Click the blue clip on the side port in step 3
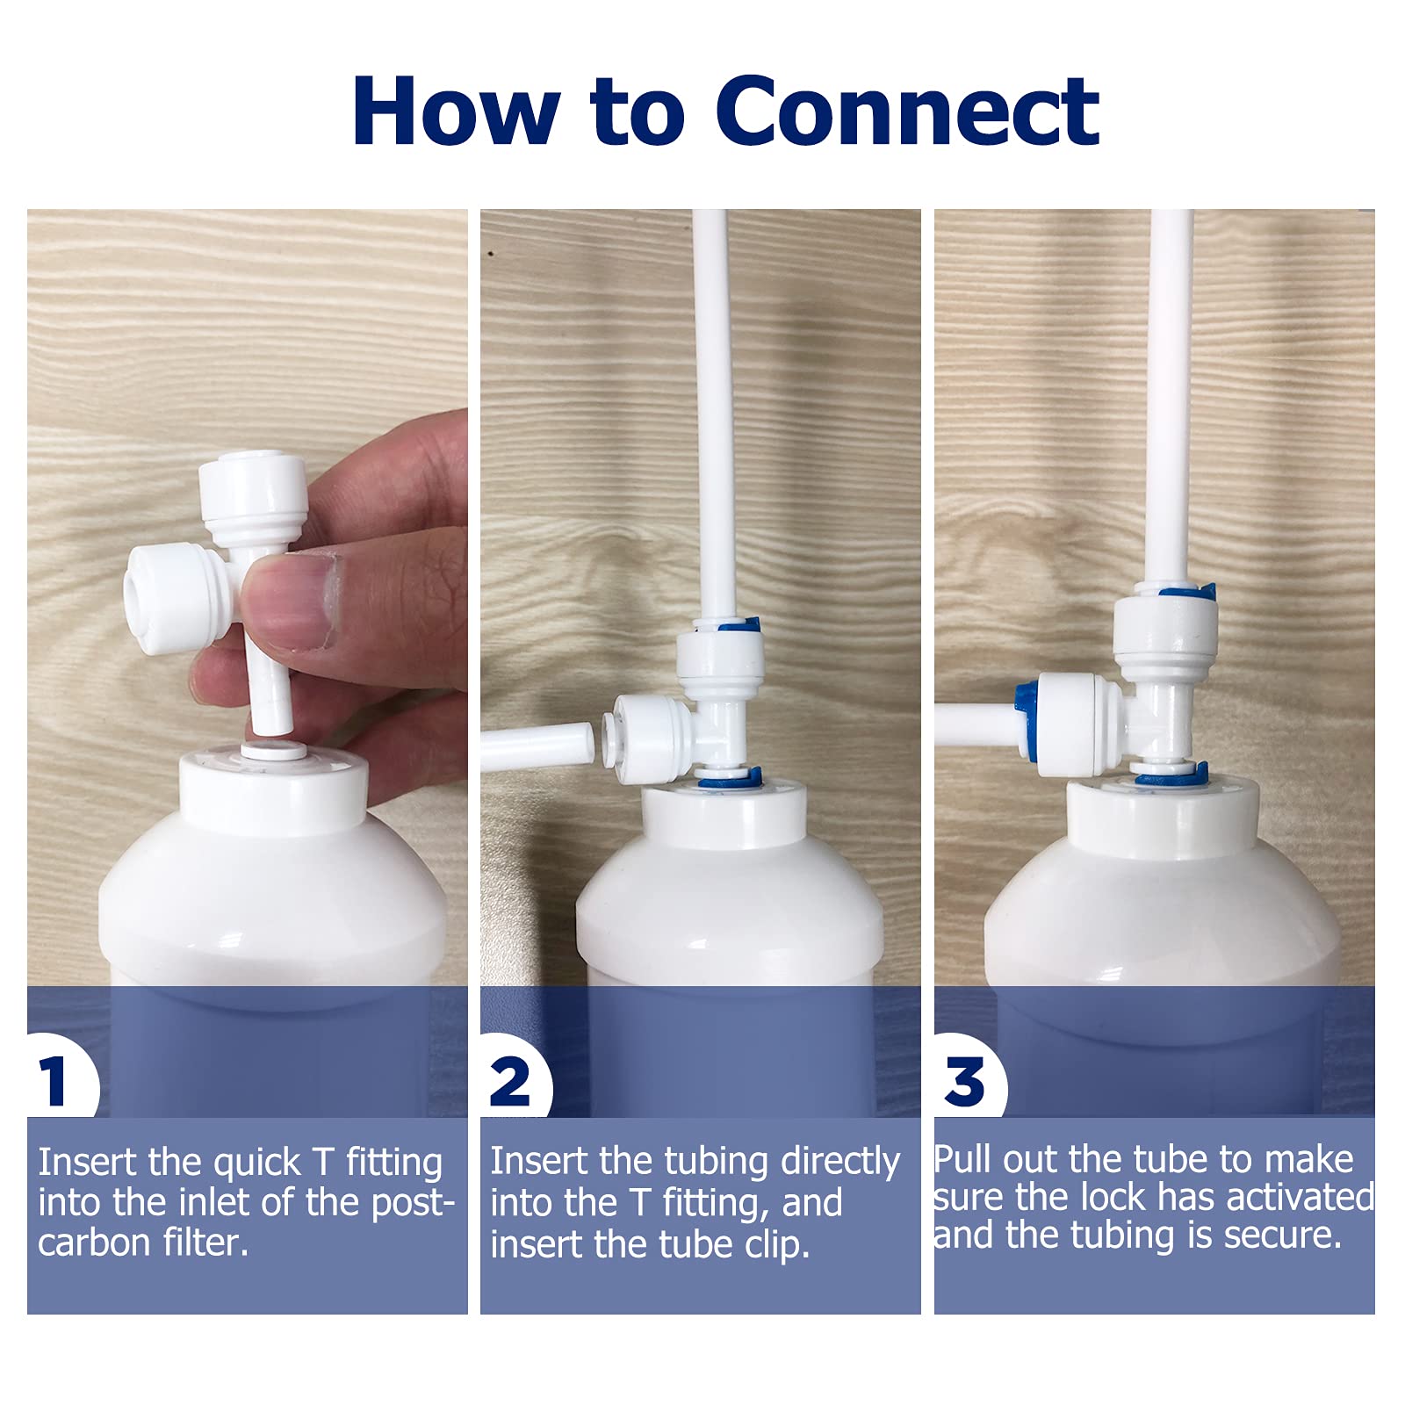pos(1024,713)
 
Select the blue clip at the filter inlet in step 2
pos(729,778)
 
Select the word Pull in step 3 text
pos(962,1160)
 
